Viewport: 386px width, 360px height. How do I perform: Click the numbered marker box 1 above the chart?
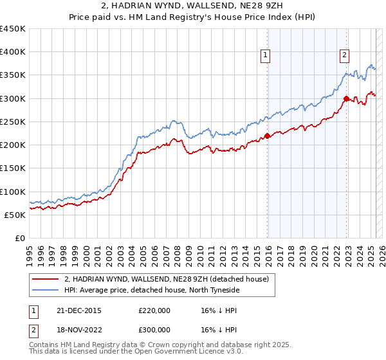(x=265, y=56)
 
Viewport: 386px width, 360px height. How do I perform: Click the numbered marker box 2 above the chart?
(x=345, y=56)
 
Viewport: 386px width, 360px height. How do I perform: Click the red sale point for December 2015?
(x=268, y=136)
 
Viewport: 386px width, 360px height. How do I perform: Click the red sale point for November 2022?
(x=346, y=98)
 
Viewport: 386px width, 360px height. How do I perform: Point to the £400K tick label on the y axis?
(x=13, y=52)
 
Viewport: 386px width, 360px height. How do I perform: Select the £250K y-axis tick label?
(x=13, y=122)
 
